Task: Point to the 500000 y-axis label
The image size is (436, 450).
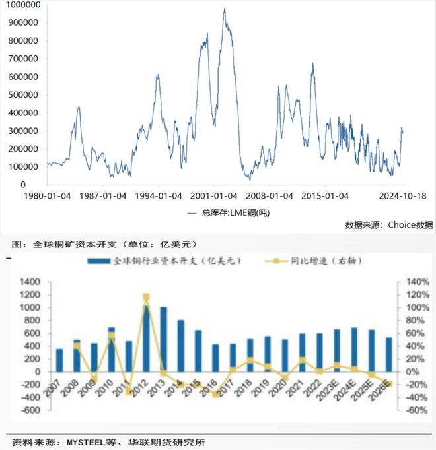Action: click(x=23, y=95)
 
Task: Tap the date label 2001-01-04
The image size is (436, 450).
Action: click(x=214, y=196)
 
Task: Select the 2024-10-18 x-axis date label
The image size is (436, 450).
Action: click(x=402, y=196)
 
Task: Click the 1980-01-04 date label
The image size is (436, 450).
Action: click(x=47, y=196)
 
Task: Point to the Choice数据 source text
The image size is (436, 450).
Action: click(x=410, y=225)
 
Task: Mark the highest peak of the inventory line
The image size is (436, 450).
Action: click(x=225, y=9)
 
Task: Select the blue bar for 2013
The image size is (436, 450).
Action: click(x=164, y=340)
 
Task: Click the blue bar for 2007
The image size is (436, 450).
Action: click(x=59, y=360)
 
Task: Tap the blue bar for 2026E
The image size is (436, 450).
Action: click(x=389, y=355)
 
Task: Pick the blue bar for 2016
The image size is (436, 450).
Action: click(x=215, y=358)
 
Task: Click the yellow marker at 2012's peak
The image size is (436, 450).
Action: click(x=146, y=297)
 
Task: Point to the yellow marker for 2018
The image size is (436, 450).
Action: click(x=250, y=360)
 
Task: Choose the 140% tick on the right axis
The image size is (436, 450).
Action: click(x=418, y=282)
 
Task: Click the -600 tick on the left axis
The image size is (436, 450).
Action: click(x=30, y=410)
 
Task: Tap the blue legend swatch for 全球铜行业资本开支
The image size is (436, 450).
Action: click(x=98, y=261)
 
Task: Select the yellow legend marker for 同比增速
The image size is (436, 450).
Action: click(x=276, y=261)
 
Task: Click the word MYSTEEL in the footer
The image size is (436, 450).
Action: click(x=86, y=442)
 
